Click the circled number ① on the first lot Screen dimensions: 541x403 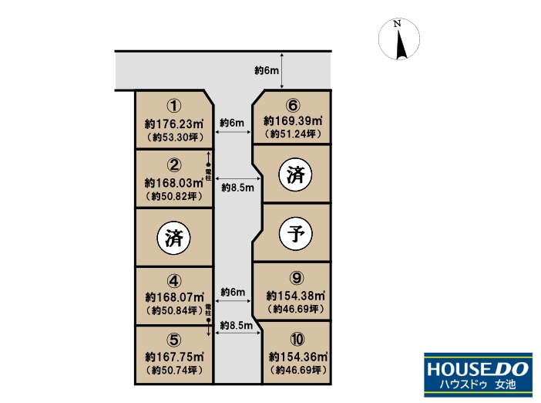coord(174,106)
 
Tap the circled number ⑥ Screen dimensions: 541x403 coord(293,106)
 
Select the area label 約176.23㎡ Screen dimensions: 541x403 coord(174,124)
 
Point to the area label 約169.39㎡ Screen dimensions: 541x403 coord(293,121)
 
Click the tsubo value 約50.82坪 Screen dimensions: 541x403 coord(174,196)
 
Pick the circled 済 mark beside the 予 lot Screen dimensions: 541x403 coord(295,174)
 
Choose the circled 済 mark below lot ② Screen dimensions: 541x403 coord(173,238)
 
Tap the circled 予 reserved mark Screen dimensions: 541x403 coord(295,234)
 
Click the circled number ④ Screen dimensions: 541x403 coord(174,281)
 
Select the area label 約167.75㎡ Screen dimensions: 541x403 coord(174,357)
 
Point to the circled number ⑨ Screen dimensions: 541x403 coord(297,278)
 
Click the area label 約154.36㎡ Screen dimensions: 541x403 coord(298,357)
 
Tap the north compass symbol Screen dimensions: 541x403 coord(399,39)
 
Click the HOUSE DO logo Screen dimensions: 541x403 coord(479,374)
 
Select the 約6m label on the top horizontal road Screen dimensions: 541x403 coord(267,70)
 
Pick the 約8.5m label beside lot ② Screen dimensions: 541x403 coord(237,188)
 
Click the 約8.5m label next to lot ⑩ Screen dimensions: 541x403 coord(237,325)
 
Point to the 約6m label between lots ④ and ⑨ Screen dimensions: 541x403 coord(233,292)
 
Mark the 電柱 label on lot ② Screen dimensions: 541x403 coord(208,175)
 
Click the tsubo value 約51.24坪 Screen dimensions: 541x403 coord(293,134)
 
